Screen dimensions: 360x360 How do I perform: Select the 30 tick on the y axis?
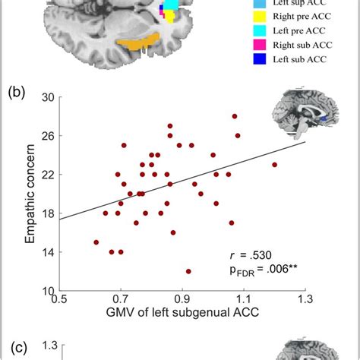click(47, 97)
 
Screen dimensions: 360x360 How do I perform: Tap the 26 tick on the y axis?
click(47, 136)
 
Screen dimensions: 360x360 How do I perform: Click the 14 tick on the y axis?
click(47, 252)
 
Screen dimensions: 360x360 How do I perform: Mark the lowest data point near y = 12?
click(188, 271)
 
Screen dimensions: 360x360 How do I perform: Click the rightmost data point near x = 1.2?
click(274, 164)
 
